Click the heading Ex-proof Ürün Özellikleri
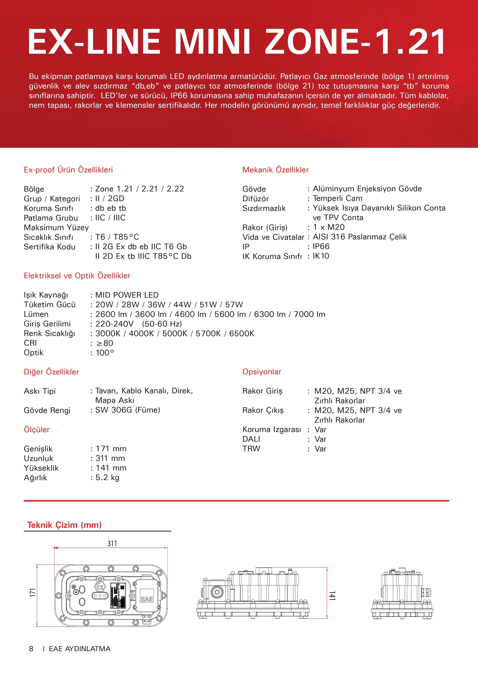68,170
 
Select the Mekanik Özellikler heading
276,170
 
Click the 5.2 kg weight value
108,477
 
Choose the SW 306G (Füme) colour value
127,410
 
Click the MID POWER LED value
127,295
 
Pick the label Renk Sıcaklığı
50,333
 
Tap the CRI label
30,343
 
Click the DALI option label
251,439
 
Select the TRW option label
251,449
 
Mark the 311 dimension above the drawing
112,543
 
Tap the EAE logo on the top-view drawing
147,599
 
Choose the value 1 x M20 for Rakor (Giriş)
328,227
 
